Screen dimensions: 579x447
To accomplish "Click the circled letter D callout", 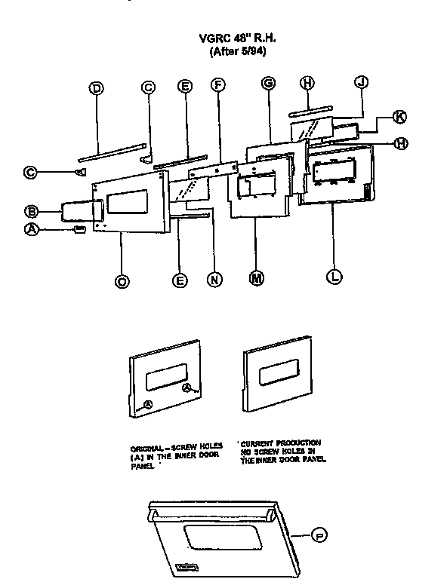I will pos(96,88).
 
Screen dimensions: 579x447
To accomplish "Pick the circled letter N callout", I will pos(214,280).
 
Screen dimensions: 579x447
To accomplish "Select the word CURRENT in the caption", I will pos(256,443).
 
